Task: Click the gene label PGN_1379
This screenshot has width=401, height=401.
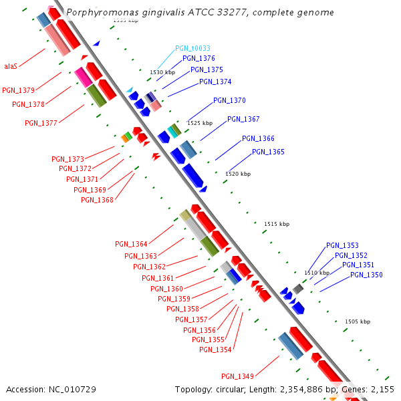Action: [18, 90]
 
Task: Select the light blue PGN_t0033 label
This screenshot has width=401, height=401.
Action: [192, 48]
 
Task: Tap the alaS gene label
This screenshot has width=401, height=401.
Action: [11, 66]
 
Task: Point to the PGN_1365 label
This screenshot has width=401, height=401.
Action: [268, 152]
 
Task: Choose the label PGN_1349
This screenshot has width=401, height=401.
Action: [237, 376]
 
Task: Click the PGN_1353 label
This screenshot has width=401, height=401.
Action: [342, 245]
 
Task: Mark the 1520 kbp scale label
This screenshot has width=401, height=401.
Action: [238, 174]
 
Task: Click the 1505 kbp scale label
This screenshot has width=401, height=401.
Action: [357, 321]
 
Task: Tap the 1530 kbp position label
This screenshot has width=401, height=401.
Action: [162, 72]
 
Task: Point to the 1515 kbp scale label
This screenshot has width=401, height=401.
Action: [277, 224]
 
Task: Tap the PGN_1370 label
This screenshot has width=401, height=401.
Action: [229, 100]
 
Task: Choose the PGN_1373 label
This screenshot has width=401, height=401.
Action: [68, 159]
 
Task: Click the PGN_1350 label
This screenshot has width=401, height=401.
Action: [366, 275]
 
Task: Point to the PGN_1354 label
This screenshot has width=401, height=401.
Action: [215, 350]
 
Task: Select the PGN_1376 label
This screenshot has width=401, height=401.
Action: [198, 58]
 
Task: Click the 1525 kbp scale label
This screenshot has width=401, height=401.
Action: [200, 123]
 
